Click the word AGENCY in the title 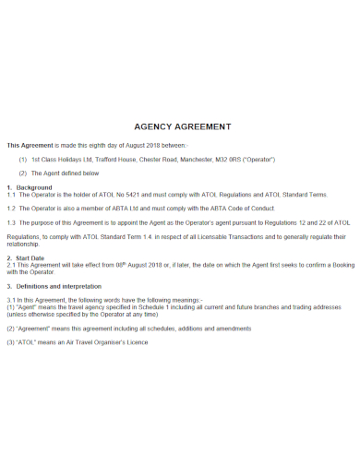pyautogui.click(x=155, y=125)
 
